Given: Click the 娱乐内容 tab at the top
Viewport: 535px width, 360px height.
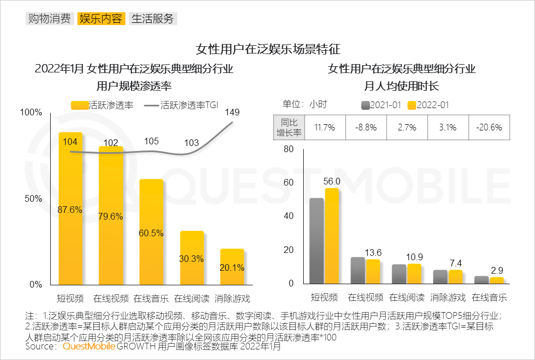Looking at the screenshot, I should pos(101,19).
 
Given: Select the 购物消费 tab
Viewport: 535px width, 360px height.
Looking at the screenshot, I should pos(49,19).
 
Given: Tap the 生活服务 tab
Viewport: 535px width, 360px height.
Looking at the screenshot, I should pos(153,19).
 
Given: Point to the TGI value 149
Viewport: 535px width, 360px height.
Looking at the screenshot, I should pos(232,113).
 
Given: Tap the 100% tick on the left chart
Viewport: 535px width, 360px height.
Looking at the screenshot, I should pos(31,113).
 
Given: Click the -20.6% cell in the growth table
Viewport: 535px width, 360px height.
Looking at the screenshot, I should pos(489,127).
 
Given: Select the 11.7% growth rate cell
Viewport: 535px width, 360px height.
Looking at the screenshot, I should pos(325,127).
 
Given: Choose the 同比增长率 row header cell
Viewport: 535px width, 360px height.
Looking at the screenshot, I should pos(290,127).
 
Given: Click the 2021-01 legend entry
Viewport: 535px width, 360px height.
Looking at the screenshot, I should pos(381,105).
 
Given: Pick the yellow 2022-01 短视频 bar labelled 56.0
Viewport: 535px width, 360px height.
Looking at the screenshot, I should pos(332,236).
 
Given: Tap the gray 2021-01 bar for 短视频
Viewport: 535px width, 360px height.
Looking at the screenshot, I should pos(317,241).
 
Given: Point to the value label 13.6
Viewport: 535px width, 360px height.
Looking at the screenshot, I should pos(373,252).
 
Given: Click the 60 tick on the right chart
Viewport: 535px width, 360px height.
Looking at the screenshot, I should pos(288,183).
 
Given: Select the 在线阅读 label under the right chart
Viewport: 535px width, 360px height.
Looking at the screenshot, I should pos(407,297).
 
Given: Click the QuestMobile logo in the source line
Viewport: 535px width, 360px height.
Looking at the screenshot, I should pos(89,346).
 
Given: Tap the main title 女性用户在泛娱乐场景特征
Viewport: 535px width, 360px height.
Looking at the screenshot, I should pos(267,48).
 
